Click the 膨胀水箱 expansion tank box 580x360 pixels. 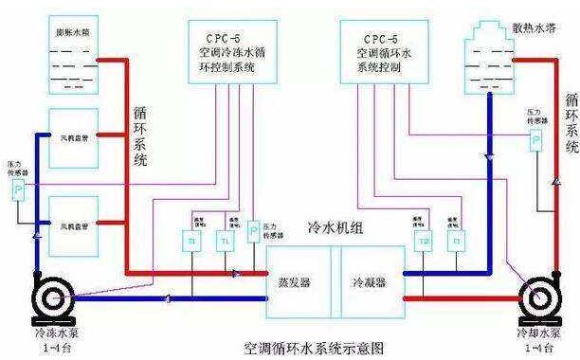click(x=72, y=58)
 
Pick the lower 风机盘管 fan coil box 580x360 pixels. click(x=72, y=225)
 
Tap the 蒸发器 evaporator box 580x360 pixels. click(x=299, y=283)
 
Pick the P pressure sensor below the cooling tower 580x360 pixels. click(x=535, y=141)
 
